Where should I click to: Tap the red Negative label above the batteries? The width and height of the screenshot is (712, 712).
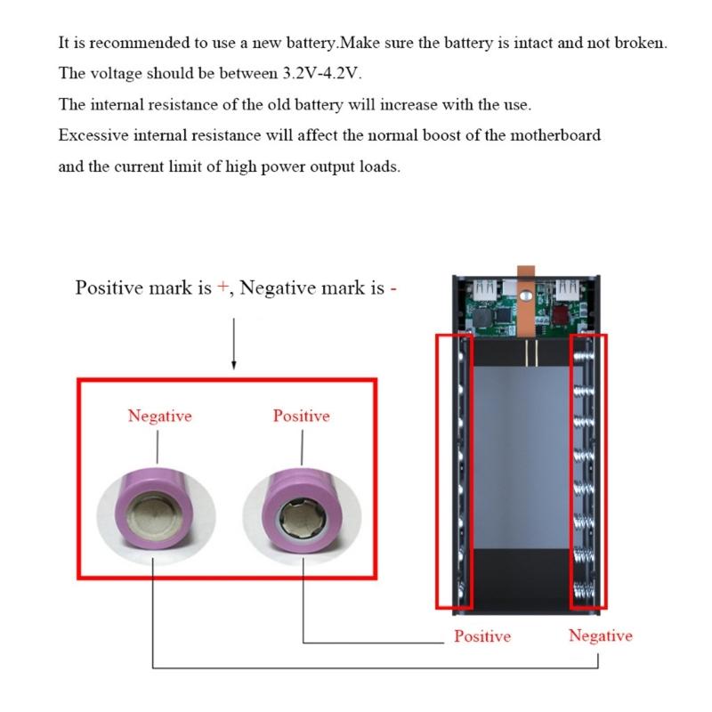(159, 416)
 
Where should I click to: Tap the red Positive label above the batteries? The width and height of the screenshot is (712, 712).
(301, 416)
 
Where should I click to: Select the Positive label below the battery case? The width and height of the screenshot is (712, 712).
(482, 636)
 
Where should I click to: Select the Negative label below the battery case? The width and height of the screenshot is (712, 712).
(601, 635)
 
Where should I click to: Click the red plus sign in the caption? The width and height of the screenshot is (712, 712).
(222, 288)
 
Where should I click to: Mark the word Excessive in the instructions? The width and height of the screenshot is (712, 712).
(91, 135)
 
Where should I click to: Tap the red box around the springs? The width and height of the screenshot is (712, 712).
(588, 472)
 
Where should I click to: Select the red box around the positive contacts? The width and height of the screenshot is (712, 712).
(453, 472)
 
